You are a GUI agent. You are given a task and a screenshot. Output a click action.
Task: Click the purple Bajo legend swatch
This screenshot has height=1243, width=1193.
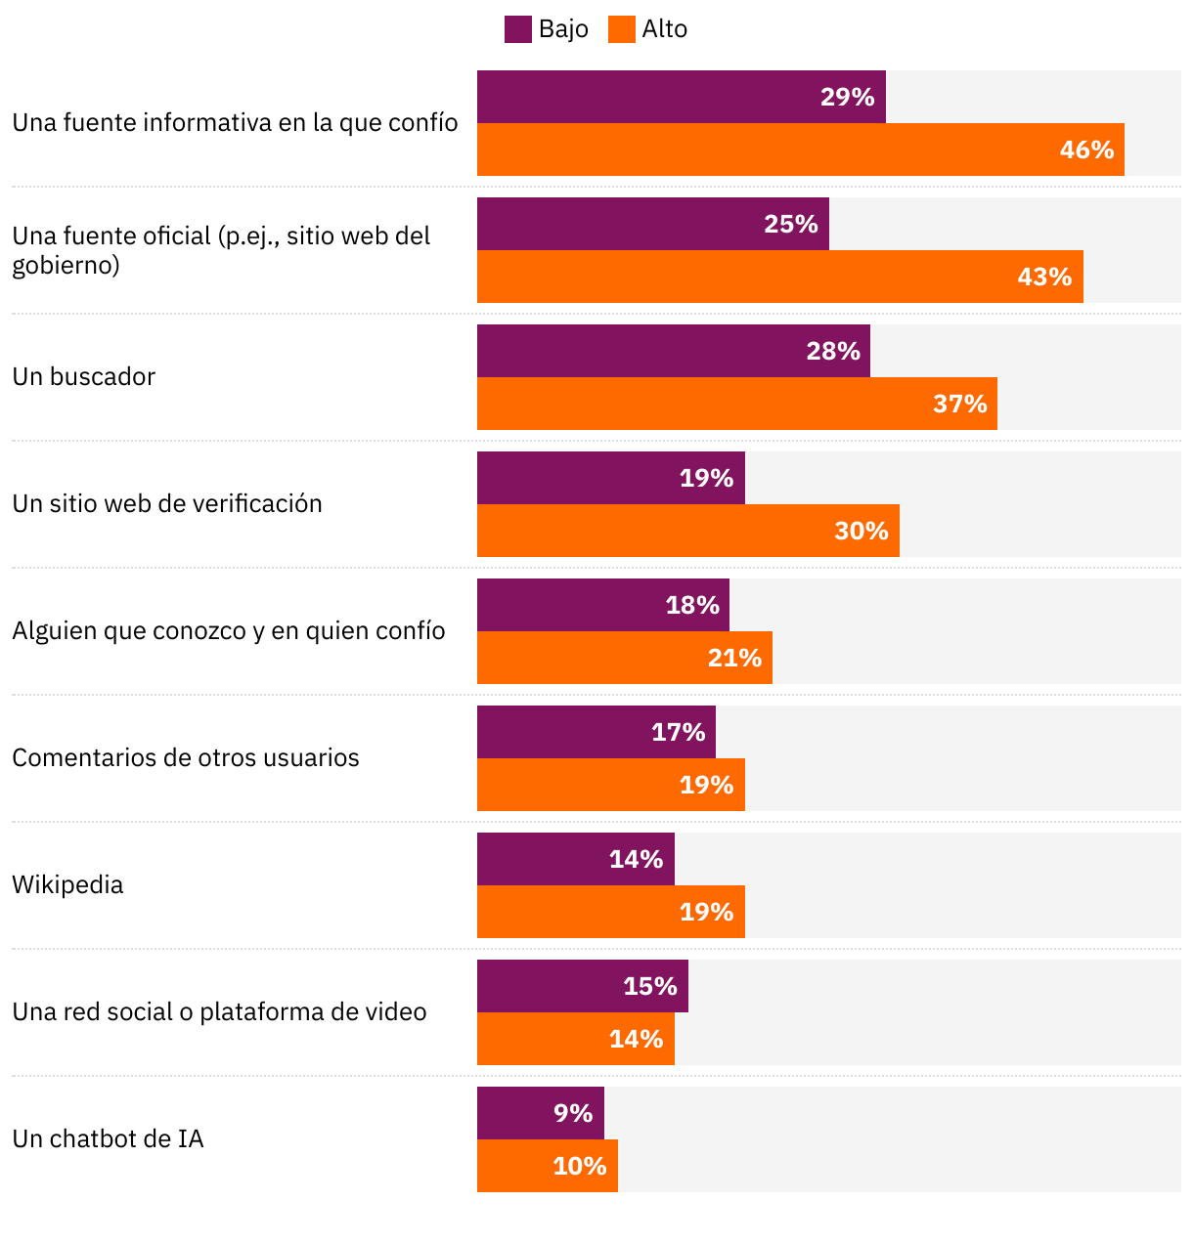pos(517,29)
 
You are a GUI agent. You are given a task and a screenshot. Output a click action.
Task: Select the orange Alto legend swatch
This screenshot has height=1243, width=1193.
pos(621,29)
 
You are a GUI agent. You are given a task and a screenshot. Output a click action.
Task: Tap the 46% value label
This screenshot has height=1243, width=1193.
pos(1086,150)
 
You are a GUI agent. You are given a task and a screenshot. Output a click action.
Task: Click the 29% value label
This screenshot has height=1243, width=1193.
pos(847,97)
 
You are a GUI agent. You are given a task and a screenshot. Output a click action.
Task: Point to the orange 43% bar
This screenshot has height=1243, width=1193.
pos(779,277)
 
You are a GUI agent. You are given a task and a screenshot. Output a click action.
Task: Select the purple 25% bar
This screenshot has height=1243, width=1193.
pos(652,224)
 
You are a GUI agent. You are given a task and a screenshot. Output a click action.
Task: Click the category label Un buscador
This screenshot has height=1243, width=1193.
pos(84,377)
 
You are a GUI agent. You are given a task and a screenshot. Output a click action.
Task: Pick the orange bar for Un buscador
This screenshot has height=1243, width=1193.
pos(736,404)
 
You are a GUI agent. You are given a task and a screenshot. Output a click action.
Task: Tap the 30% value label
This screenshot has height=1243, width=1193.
pos(861,531)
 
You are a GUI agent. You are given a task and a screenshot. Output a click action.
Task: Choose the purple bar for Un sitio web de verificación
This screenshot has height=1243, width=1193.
pos(610,478)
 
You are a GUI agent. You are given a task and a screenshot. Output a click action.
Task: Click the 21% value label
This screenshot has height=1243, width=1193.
pos(734,658)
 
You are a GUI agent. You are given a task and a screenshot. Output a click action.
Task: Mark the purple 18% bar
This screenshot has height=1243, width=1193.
pos(602,605)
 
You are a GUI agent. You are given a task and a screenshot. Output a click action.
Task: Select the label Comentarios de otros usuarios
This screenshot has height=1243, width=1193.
pos(186,758)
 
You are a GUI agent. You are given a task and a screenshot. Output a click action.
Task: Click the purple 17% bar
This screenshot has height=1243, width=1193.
pos(596,732)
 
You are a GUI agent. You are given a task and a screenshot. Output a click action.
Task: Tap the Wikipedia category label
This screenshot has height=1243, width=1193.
pos(67,885)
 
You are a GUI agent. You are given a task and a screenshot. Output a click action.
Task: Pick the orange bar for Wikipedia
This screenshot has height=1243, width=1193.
pos(610,912)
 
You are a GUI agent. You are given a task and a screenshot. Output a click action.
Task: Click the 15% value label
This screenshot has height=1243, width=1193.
pos(650,986)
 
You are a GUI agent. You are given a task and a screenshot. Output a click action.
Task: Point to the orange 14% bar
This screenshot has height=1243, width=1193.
pos(575,1039)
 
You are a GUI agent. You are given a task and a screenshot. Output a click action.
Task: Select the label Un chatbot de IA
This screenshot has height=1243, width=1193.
pos(108,1139)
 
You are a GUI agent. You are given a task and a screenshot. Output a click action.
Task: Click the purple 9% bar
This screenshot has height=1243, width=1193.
pos(540,1113)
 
